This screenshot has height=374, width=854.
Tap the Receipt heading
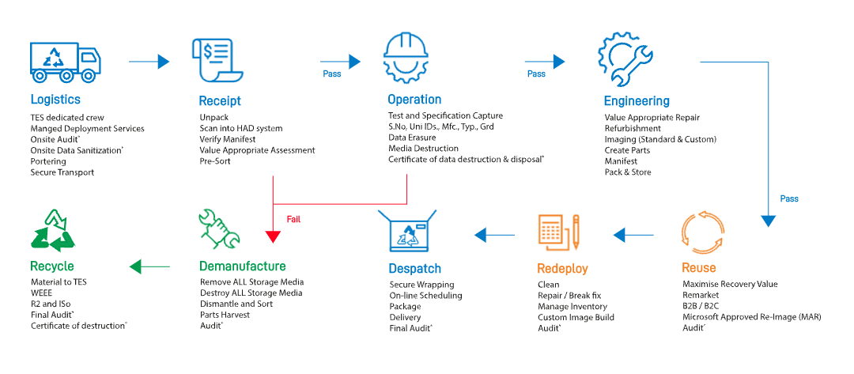pos(220,101)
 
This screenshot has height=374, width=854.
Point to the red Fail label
pos(293,219)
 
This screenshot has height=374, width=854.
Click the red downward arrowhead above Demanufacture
pos(273,236)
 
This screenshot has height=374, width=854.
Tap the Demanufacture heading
pos(243,266)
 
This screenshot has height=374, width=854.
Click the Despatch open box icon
pos(407,232)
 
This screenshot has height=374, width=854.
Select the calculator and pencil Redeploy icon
pos(558,230)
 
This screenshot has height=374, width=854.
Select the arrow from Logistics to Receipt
pos(149,61)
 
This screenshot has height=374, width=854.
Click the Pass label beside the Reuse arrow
pos(788,198)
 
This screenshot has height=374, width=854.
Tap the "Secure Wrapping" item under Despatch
pos(421,285)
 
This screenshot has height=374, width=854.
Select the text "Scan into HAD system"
pos(240,128)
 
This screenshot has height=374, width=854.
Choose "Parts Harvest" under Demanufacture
pos(225,315)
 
